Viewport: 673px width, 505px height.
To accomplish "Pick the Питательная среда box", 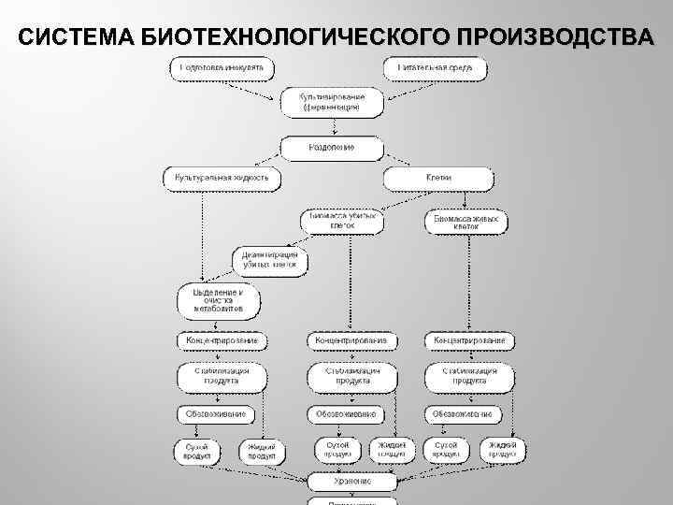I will click(435, 68).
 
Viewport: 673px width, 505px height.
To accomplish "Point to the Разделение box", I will click(332, 148).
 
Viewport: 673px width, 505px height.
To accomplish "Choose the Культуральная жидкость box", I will click(222, 178).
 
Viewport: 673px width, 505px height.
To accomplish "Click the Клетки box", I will click(437, 178).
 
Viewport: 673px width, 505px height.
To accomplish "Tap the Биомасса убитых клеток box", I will click(342, 222).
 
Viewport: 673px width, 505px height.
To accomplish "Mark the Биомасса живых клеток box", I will click(466, 222).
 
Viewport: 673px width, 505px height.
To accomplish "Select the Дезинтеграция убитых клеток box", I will click(269, 259).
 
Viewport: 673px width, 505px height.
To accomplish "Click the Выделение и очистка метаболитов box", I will click(218, 300).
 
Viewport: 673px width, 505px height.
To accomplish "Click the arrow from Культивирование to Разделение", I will click(332, 127).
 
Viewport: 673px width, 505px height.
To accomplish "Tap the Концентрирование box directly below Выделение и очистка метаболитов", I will click(222, 341).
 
